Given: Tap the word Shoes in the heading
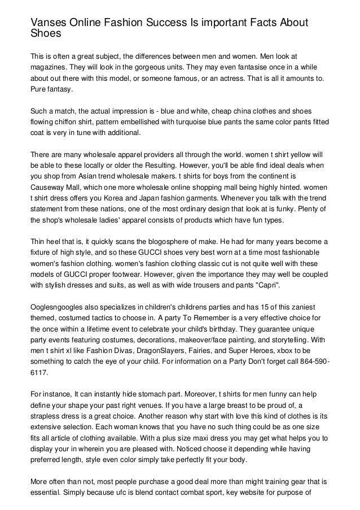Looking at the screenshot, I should pos(45,33).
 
